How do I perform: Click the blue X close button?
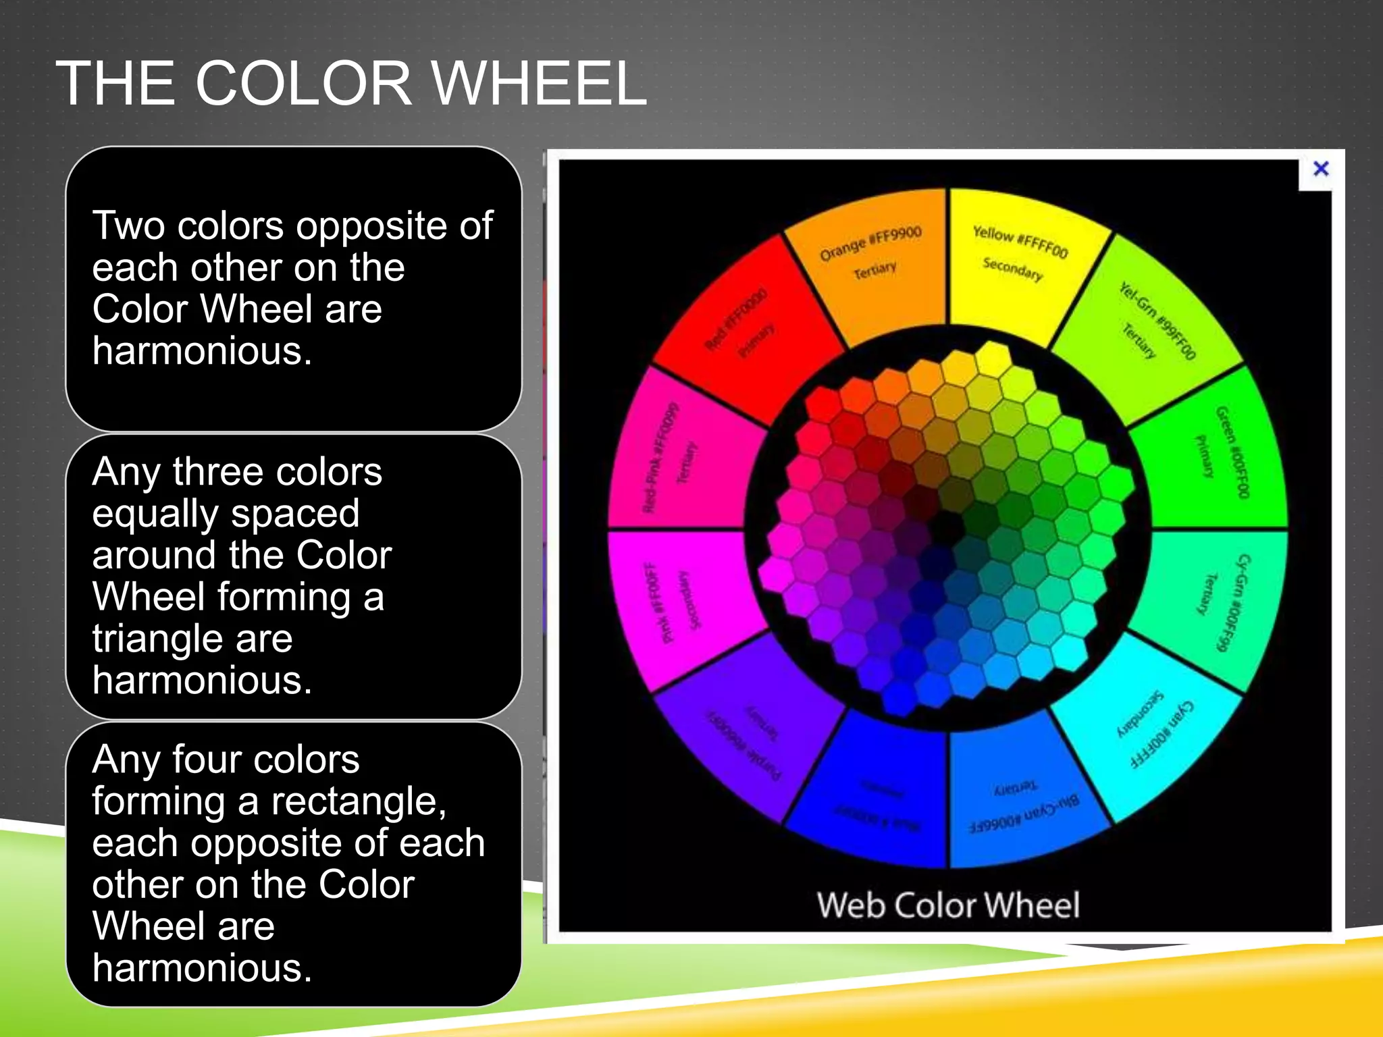(1321, 169)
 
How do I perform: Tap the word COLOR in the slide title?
(303, 84)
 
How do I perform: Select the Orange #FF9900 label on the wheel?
(870, 244)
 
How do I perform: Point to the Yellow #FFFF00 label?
(1020, 242)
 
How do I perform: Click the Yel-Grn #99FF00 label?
(1157, 321)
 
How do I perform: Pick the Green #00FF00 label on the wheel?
(1232, 452)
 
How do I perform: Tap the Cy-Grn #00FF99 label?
(1232, 603)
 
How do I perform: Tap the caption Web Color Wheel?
(947, 905)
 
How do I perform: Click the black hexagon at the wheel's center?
(947, 525)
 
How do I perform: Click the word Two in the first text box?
(129, 225)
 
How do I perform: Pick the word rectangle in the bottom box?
(359, 802)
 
